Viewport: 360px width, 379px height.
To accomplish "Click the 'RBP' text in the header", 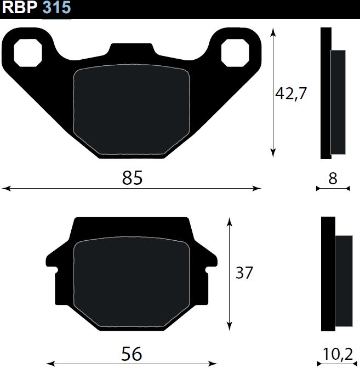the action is coord(20,7).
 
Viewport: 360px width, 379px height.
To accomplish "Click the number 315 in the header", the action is coord(57,7).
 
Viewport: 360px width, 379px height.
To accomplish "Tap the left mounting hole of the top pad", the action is coord(28,53).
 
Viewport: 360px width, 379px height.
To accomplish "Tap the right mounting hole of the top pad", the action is coord(235,53).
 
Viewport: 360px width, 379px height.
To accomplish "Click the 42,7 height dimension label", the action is coord(291,94).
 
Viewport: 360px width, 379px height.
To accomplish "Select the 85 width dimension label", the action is coord(132,178).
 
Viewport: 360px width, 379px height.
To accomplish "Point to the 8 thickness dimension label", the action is coord(333,179).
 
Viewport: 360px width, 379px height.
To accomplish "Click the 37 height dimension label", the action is coord(244,273).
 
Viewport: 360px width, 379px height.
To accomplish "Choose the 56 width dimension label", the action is coord(132,354).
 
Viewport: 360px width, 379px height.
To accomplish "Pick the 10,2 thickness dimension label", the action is coord(338,354).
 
